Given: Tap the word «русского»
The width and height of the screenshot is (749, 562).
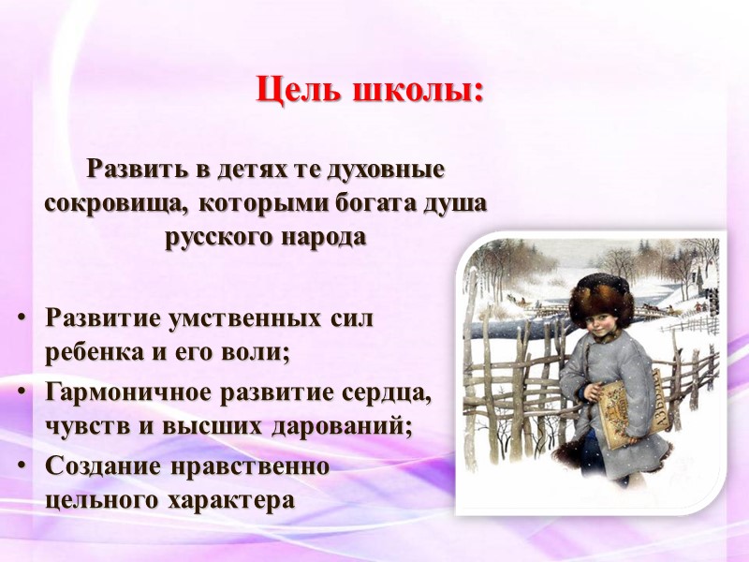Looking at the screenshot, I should (218, 235).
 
